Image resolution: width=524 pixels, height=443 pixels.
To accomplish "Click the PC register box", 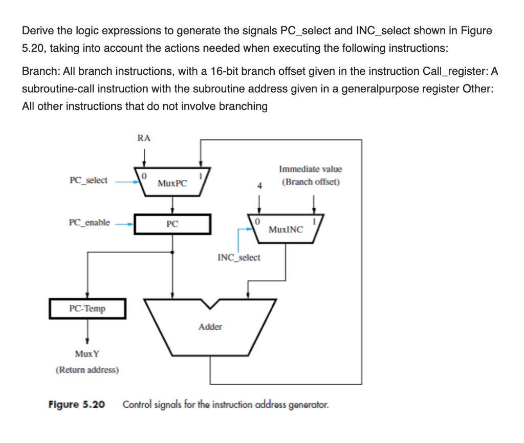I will tap(172, 224).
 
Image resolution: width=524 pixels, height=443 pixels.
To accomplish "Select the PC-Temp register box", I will tap(87, 308).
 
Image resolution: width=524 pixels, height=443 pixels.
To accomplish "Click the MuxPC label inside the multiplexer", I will tap(172, 183).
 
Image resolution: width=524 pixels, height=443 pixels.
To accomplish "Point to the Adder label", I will tap(210, 326).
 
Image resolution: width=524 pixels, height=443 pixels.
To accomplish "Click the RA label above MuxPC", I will tap(144, 137).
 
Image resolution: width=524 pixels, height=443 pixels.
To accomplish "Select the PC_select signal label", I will tap(88, 180).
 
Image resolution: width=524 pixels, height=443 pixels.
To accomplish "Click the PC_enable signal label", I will tap(89, 222).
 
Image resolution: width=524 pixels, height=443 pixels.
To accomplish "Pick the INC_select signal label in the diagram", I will tap(238, 257).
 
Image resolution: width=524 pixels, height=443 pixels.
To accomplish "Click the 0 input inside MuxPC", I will tap(145, 176).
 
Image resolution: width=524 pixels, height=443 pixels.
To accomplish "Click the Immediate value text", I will tap(310, 169).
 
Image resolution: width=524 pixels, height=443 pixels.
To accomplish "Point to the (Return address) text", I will tap(87, 369).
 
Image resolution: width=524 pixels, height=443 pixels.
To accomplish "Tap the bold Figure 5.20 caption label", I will tap(76, 405).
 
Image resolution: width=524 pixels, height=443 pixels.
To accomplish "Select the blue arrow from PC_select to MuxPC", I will tap(125, 181).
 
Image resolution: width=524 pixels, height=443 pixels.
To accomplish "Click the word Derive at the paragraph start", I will tap(35, 31).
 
